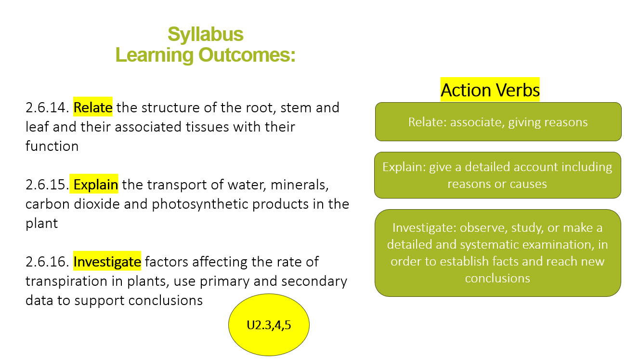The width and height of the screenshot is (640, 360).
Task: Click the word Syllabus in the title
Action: click(206, 35)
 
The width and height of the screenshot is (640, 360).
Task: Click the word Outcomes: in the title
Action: click(247, 55)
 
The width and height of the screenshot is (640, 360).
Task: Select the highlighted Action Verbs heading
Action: click(490, 90)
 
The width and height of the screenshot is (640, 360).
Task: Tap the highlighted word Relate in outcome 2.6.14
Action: click(93, 107)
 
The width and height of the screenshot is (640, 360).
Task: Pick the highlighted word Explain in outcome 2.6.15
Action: click(94, 184)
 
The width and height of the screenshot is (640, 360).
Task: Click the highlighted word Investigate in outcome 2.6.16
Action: click(107, 261)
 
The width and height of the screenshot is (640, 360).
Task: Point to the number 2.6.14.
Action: click(47, 107)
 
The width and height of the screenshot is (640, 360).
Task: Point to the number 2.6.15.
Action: click(47, 185)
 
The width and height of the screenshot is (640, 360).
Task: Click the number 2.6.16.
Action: click(47, 262)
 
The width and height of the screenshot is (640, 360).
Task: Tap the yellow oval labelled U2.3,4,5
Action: click(269, 325)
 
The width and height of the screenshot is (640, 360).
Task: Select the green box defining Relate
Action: click(498, 122)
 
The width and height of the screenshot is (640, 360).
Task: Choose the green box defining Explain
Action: click(498, 175)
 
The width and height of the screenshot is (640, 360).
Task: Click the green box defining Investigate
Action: click(498, 253)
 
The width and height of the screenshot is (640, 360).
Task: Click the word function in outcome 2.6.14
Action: click(52, 146)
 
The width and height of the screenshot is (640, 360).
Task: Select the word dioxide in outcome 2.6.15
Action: click(97, 204)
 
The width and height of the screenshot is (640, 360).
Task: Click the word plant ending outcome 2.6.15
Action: click(42, 224)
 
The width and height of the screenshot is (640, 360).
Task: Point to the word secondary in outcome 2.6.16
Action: click(314, 281)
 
